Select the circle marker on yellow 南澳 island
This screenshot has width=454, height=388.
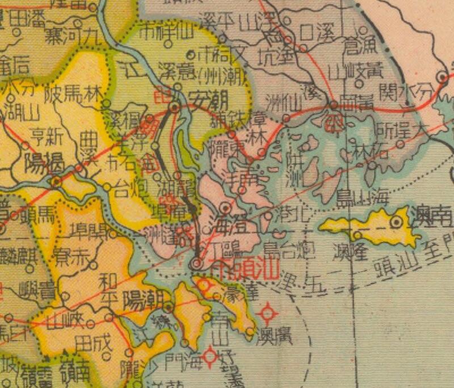pyautogui.click(x=396, y=222)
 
